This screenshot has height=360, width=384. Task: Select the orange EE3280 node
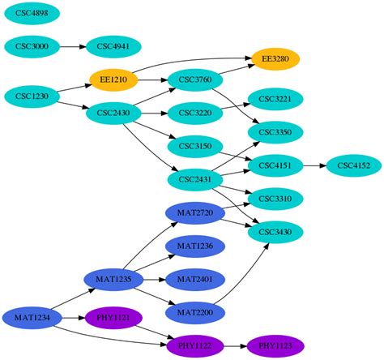click(275, 58)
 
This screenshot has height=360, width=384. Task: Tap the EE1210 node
click(113, 79)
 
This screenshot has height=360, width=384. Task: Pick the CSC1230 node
click(32, 96)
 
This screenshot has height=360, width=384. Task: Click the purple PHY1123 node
click(275, 346)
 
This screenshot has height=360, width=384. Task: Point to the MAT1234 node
click(32, 317)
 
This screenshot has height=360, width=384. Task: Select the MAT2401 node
click(194, 280)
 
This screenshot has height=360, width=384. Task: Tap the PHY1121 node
click(113, 317)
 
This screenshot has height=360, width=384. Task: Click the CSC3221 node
click(275, 99)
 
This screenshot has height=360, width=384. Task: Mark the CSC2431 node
click(194, 179)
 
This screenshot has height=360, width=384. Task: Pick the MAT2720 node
click(194, 213)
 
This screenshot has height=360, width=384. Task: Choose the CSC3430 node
click(275, 233)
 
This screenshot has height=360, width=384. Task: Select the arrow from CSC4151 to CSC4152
click(314, 165)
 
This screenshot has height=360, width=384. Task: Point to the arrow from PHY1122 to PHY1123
click(235, 346)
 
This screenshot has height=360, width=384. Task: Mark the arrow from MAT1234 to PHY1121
click(73, 317)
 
